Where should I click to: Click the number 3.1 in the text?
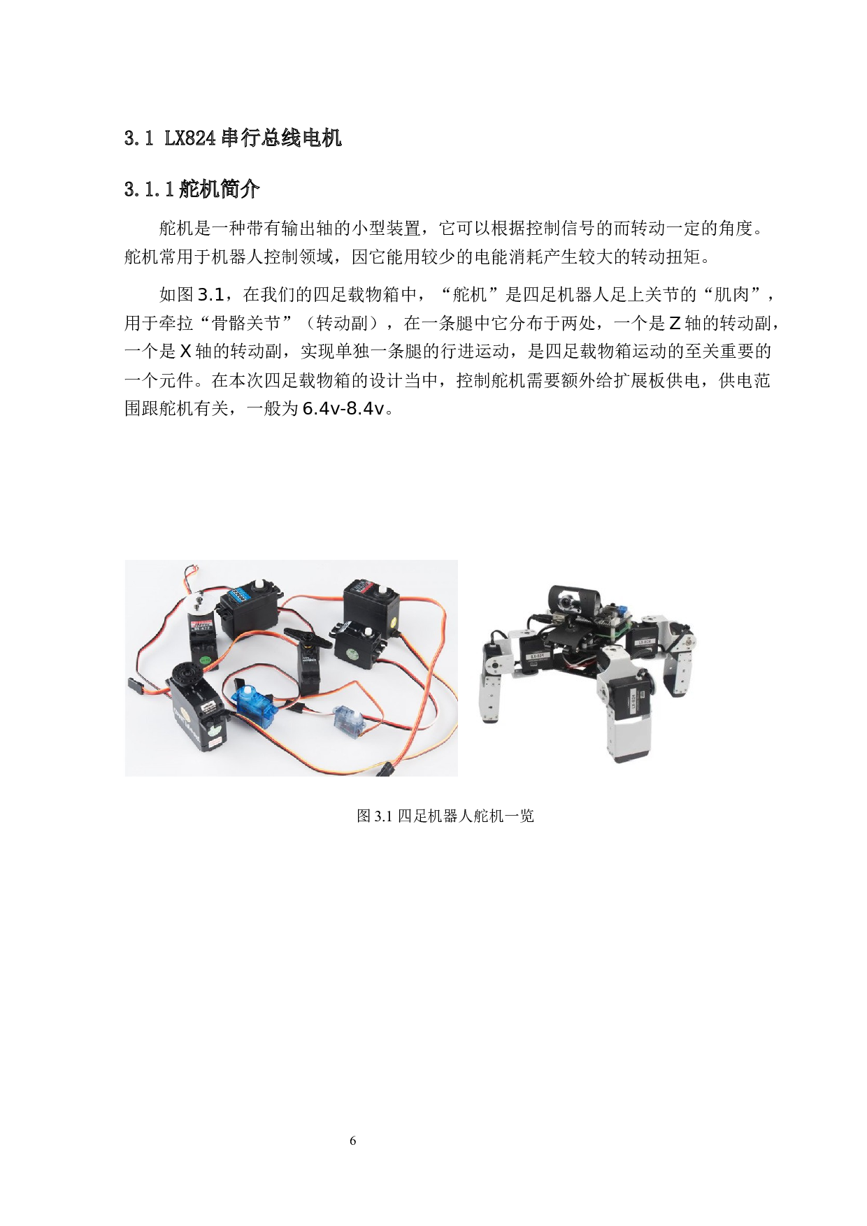[x=211, y=295]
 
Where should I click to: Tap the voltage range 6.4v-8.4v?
[x=343, y=409]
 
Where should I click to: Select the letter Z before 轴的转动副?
[x=675, y=324]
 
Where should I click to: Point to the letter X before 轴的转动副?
[x=185, y=352]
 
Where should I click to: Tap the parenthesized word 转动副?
[x=342, y=324]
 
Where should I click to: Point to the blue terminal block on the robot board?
[x=620, y=606]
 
